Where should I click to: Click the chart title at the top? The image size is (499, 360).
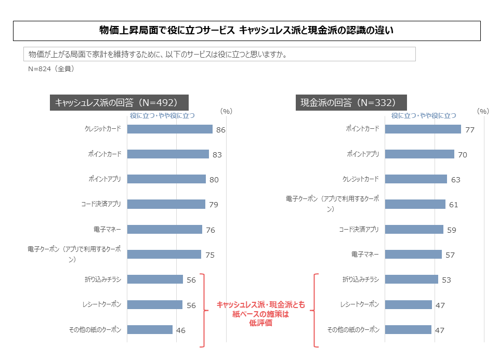coord(246,31)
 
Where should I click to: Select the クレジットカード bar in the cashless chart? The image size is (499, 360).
coord(169,129)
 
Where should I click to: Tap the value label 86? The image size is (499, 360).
coord(220,130)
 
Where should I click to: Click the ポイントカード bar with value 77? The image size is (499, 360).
coord(423,129)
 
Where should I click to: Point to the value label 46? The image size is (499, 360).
coord(180,330)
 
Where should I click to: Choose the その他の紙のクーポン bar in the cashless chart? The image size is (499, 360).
coord(150,330)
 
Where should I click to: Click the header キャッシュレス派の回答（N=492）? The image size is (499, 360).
coord(119,102)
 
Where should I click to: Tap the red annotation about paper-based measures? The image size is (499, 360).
coord(260,314)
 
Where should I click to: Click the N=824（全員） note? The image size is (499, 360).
coord(51,69)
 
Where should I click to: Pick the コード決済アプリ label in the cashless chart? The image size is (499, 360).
coord(101,204)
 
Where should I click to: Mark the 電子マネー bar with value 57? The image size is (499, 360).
coord(413,255)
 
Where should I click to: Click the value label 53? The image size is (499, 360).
coord(446,280)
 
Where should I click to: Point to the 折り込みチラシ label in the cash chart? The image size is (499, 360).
coord(361,279)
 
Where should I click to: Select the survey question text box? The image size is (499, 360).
coord(219,54)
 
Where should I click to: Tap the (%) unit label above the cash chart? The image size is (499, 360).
coord(482,111)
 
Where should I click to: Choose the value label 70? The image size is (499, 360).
coord(462,155)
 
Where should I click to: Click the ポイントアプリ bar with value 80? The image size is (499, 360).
coord(166,179)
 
